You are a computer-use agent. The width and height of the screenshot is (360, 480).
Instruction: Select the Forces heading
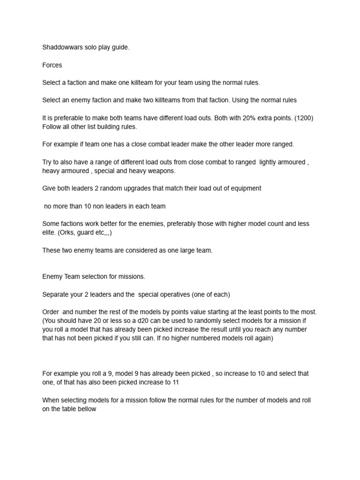click(52, 65)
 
